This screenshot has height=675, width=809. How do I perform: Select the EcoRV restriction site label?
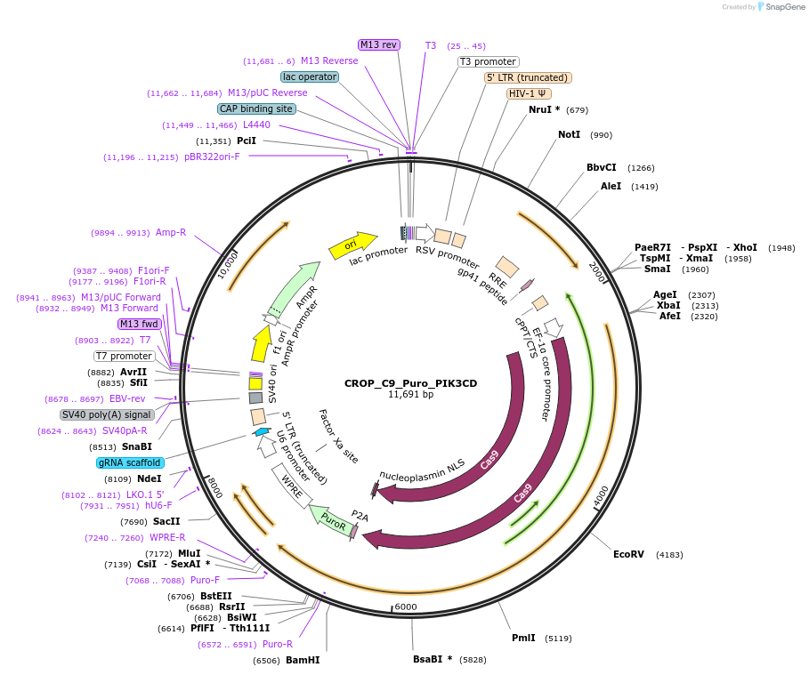[x=627, y=554]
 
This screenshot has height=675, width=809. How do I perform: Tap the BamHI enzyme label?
[x=303, y=660]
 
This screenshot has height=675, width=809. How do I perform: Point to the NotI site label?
[x=569, y=134]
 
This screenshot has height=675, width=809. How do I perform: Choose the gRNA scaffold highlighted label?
[x=130, y=462]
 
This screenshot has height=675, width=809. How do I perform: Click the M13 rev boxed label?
[x=379, y=44]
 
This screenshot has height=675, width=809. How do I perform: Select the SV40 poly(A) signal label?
[x=107, y=414]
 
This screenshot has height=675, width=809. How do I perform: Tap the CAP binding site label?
[x=256, y=108]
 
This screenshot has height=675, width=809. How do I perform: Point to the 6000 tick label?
[x=405, y=607]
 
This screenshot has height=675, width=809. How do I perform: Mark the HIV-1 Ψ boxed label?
[x=529, y=93]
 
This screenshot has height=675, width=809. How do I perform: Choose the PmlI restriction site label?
[x=523, y=637]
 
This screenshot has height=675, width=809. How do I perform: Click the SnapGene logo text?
[x=785, y=7]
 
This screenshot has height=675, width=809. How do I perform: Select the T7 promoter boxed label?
[x=125, y=356]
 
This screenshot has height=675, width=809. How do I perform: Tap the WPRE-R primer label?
[x=167, y=537]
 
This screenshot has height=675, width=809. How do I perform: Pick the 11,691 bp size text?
[x=410, y=394]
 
